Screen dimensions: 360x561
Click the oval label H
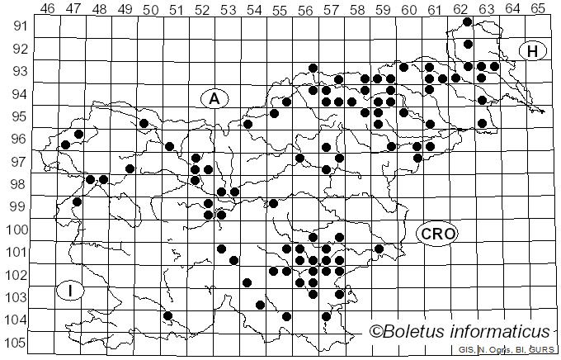[x=533, y=51]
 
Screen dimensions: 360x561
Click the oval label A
[x=214, y=99]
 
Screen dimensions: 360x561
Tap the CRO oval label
[x=437, y=234]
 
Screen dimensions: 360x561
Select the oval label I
[x=72, y=291]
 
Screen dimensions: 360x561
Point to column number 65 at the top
[x=538, y=9]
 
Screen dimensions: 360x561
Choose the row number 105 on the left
[x=16, y=343]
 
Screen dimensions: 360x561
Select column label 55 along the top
[x=280, y=9]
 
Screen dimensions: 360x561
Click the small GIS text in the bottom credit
[x=467, y=350]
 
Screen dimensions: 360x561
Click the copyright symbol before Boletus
[x=376, y=332]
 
